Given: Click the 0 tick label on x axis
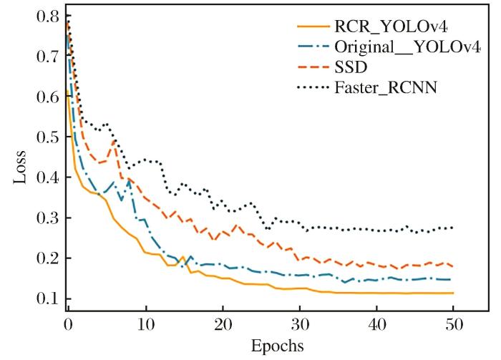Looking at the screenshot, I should click(x=68, y=325).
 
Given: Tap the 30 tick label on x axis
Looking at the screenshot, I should click(x=300, y=325).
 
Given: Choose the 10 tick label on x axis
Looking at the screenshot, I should click(x=145, y=325).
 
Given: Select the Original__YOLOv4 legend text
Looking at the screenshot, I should click(x=404, y=49).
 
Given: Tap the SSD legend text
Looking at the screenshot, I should click(x=349, y=69).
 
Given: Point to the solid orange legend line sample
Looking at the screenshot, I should click(x=313, y=29).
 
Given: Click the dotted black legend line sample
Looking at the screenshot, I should click(x=313, y=89).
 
